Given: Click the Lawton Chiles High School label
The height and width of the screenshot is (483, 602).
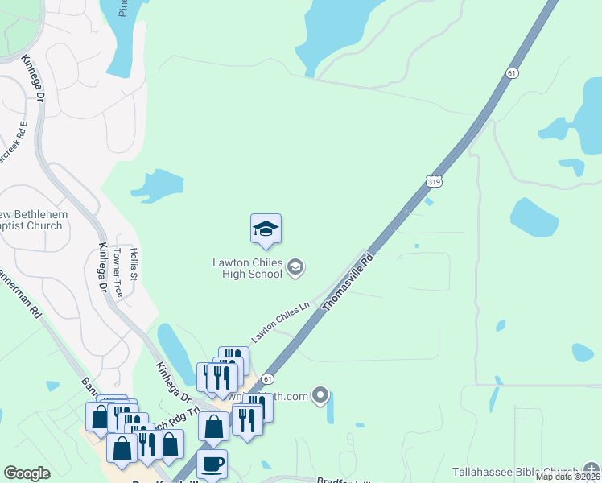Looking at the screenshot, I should coord(247,267).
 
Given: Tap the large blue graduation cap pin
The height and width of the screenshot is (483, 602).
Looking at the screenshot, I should coord(266,230).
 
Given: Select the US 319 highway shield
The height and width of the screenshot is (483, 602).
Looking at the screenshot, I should coord(434,183).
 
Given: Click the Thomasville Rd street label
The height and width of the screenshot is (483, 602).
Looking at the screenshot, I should coord(349,283).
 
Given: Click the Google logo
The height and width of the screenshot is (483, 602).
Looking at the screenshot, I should coord(27,473).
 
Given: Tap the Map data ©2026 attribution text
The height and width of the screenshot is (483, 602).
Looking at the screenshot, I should coord(568,477).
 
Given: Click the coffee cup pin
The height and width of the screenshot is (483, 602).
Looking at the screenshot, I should coord(212,464).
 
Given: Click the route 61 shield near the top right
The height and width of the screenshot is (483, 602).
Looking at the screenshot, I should coord(512,73).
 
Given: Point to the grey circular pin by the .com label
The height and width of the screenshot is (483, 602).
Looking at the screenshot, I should coord(321,395).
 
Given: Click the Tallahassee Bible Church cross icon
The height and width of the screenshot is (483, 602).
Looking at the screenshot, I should coord(592,471).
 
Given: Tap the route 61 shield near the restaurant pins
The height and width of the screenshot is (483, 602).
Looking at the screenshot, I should coord(268,378).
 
